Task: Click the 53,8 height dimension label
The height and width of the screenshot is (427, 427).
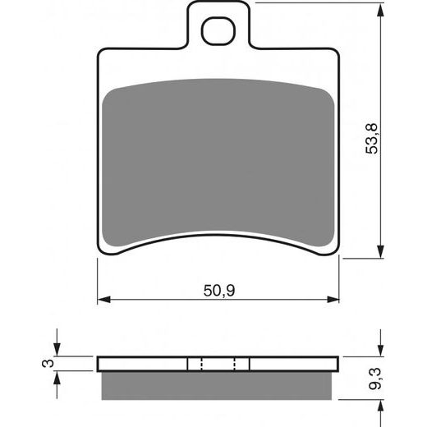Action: (372, 139)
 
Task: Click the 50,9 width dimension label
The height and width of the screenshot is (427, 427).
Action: (219, 291)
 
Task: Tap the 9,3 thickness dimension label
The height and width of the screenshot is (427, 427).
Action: (374, 379)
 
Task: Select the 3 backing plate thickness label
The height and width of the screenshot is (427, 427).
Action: (48, 363)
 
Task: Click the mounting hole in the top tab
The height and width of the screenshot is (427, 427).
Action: (218, 31)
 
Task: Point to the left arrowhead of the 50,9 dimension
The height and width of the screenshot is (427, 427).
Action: (104, 299)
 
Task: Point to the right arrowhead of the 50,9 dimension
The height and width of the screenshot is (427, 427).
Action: (333, 299)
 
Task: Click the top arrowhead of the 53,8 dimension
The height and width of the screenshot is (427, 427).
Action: (380, 10)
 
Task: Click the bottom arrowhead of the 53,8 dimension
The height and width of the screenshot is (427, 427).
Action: (380, 251)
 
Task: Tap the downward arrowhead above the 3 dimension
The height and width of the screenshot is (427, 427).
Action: (57, 350)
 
